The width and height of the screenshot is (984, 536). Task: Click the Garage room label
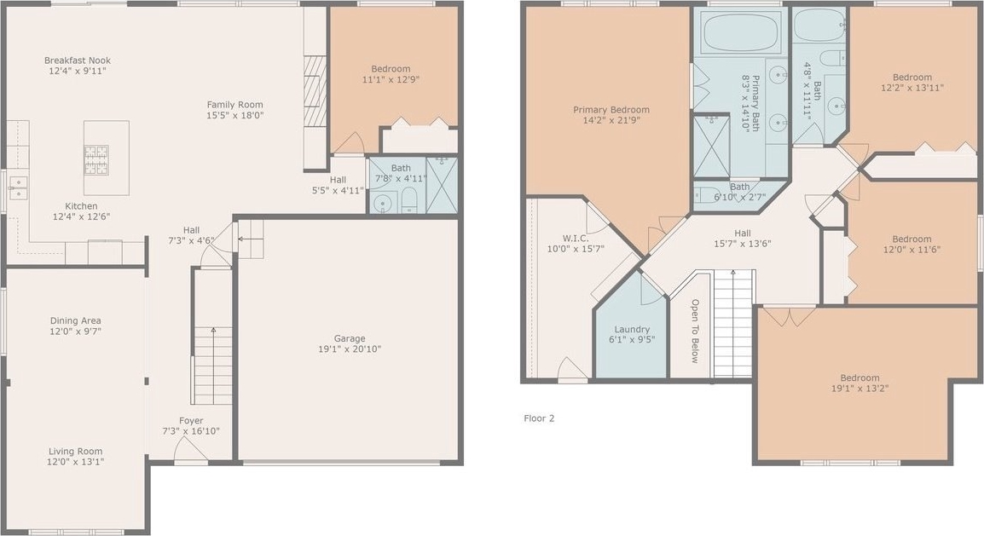350,338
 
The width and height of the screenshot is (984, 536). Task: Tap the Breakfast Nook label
78,61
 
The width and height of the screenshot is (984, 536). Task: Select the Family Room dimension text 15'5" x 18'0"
235,115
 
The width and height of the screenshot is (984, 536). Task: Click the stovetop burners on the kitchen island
96,159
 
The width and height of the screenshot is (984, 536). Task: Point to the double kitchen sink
18,187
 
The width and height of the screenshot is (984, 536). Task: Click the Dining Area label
75,320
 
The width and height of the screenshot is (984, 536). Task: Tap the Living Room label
75,452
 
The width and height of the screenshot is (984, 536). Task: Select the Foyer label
191,421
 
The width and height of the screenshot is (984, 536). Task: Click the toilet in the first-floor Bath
409,199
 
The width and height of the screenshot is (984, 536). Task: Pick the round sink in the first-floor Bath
382,203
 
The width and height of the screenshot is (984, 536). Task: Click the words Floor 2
539,418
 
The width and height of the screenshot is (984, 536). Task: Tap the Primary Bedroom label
611,110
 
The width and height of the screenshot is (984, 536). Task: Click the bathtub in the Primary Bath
741,32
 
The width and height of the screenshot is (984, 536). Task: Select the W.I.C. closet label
576,239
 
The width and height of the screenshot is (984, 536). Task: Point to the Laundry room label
632,329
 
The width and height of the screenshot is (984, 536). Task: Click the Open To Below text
695,331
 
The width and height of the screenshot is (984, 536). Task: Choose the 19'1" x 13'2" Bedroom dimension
860,389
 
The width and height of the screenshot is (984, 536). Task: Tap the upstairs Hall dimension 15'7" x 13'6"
743,244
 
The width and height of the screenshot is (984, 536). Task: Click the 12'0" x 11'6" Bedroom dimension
912,250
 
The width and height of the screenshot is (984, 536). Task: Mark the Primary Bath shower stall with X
711,146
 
